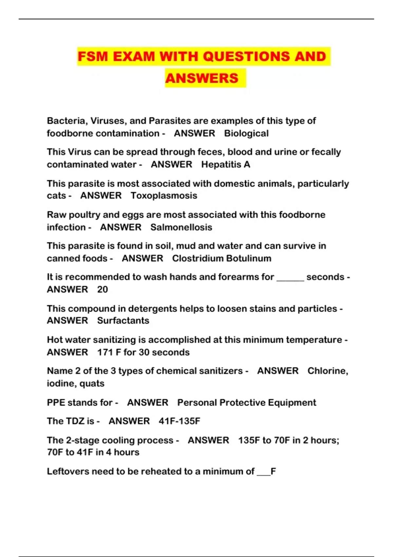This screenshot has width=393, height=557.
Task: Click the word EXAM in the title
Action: [x=134, y=56]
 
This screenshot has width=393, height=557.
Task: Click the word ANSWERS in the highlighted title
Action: [x=202, y=78]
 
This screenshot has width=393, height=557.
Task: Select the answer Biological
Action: [x=246, y=133]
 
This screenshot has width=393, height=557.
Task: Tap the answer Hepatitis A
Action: [x=226, y=164]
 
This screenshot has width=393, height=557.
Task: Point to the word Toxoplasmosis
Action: [x=164, y=196]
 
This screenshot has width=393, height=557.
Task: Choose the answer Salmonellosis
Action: [x=181, y=227]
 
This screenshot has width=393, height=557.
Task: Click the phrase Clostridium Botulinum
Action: [x=222, y=259]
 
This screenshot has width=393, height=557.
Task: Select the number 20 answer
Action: [x=103, y=290]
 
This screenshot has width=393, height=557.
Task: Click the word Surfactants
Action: [x=123, y=320]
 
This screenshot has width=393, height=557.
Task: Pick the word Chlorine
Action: [x=327, y=371]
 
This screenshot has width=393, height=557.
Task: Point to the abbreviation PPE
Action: [x=56, y=402]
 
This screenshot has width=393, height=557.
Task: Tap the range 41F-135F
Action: [x=179, y=421]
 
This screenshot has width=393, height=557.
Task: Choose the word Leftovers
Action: [x=68, y=471]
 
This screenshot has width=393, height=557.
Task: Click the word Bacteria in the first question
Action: [x=66, y=121]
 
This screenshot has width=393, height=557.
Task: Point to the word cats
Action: [x=56, y=196]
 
